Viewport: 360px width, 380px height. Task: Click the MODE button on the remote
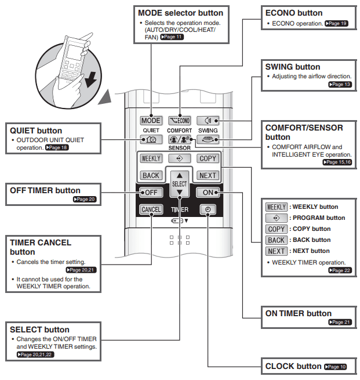coord(151,121)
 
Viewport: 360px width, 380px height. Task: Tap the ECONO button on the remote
coord(179,121)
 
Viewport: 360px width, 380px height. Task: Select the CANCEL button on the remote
coord(151,209)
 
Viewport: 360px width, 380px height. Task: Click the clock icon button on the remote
coord(208,209)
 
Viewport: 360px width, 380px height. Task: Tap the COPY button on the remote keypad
coord(208,158)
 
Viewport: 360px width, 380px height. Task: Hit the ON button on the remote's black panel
coord(208,193)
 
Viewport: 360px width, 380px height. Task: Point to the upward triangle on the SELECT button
coord(179,175)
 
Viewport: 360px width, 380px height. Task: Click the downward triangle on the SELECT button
coord(179,192)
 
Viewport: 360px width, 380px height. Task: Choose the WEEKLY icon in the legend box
coord(277,207)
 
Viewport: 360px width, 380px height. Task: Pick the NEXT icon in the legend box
coord(277,251)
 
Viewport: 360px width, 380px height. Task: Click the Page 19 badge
coord(336,24)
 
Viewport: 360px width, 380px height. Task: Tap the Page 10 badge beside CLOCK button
coord(336,367)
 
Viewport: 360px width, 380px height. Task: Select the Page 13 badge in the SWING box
coord(340,84)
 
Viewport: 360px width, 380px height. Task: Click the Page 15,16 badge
coord(337,162)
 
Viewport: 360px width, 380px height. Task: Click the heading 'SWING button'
coord(292,67)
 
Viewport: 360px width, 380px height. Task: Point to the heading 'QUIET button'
coord(36,131)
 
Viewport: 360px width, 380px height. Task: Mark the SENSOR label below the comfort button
coord(179,148)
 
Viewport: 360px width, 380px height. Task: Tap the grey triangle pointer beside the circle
coord(105,97)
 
